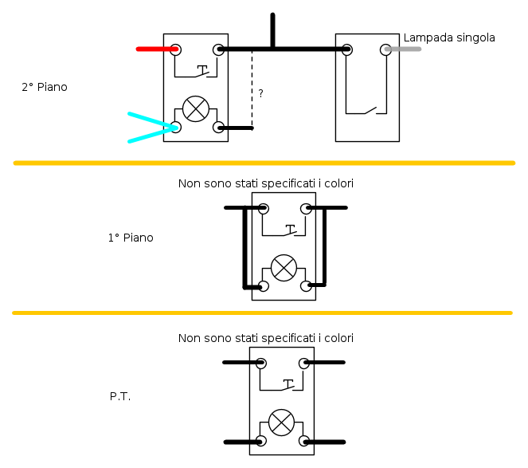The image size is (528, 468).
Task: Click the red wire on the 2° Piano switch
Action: tap(156, 49)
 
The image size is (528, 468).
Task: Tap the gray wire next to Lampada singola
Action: tap(404, 49)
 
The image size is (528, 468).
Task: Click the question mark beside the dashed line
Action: tap(260, 94)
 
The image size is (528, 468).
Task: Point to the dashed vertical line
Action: tap(252, 88)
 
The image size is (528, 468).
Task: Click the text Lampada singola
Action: tap(449, 37)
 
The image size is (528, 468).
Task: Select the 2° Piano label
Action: tap(45, 87)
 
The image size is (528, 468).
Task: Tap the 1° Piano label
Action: tap(131, 238)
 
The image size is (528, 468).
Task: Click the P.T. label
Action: tap(120, 395)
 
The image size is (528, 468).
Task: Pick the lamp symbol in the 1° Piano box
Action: tap(284, 268)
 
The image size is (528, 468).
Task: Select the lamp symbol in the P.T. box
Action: tap(280, 423)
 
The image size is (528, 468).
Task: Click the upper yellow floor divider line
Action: tap(264, 163)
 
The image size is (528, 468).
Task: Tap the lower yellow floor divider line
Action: tap(264, 313)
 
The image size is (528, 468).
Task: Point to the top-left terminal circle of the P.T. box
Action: tap(260, 363)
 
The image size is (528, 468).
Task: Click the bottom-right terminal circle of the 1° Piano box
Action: tap(305, 285)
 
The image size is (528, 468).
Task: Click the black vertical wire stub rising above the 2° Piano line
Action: tap(272, 30)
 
